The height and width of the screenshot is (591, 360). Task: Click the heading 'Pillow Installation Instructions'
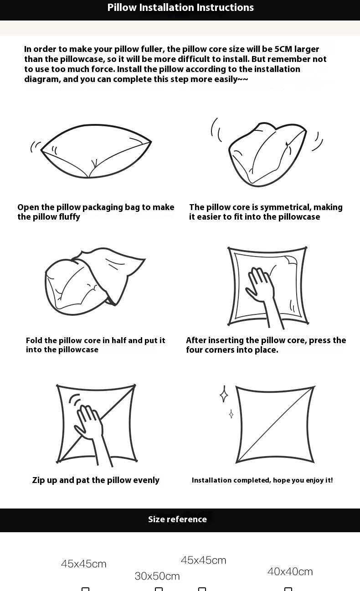point(180,7)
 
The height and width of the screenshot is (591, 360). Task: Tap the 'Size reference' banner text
point(177,519)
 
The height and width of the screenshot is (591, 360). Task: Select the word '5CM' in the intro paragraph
point(283,49)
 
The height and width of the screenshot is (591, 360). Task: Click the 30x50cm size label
point(157,576)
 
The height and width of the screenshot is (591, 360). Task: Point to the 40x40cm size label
point(290,571)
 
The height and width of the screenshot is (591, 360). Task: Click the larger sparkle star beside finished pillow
point(224,394)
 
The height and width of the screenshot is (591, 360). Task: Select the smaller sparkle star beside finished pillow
point(231,414)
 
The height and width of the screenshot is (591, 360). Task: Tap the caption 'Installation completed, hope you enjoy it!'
point(262,480)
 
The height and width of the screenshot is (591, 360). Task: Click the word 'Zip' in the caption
point(38,480)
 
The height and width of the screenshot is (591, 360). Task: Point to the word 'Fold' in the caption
point(34,340)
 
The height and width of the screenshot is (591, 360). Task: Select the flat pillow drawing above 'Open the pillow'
point(96,151)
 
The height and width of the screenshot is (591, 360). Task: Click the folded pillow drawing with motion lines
point(267,154)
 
